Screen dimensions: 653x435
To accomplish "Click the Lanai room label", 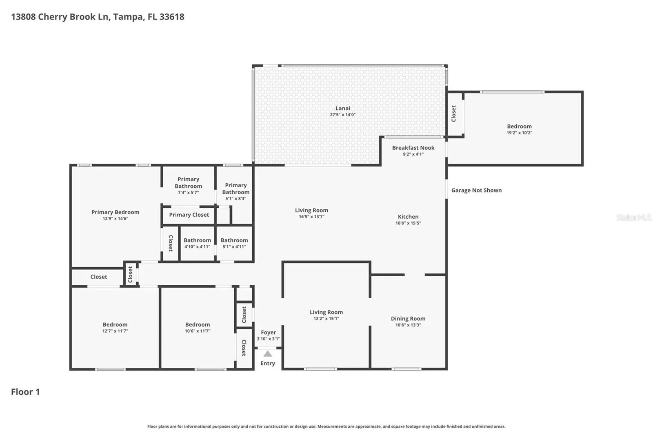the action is click(x=342, y=108).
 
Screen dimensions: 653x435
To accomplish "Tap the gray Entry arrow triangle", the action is click(x=268, y=354).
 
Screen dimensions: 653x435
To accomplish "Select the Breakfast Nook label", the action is click(x=413, y=148).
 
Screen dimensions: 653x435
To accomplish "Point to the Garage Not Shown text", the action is click(x=476, y=191).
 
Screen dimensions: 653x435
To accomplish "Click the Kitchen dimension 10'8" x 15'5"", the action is click(x=408, y=223).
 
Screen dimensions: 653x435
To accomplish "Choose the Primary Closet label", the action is click(x=189, y=215).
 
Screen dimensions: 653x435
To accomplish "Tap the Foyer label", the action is click(x=268, y=333).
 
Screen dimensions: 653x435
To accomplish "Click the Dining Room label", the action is click(x=408, y=319).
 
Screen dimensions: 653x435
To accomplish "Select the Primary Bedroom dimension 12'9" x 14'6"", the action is click(x=115, y=218).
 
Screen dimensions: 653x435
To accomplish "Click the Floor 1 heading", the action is click(x=25, y=392).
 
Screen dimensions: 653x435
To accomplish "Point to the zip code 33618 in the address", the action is click(x=172, y=17).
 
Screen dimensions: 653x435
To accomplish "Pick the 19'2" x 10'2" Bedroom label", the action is click(x=519, y=126).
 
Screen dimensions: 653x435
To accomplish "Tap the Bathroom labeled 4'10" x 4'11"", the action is click(x=197, y=240).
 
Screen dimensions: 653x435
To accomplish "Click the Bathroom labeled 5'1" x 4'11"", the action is click(x=234, y=240).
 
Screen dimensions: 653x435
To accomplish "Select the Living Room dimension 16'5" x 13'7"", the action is click(x=311, y=217).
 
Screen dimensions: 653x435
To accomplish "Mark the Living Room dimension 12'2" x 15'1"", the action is click(x=326, y=318).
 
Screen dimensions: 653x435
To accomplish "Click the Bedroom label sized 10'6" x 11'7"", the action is click(x=198, y=324).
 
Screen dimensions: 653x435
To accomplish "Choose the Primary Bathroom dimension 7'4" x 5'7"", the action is click(x=188, y=193).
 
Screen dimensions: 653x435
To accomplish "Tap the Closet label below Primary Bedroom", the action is click(x=98, y=277).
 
